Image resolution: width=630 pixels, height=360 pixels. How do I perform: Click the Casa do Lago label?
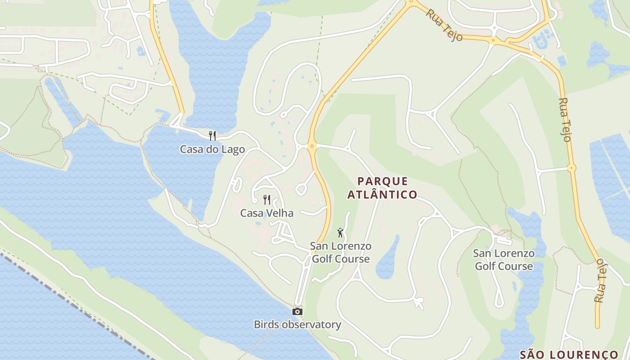[212, 149]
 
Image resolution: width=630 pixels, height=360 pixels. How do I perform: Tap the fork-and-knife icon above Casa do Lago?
[212, 135]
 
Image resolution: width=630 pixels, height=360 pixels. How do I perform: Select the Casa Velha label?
[266, 213]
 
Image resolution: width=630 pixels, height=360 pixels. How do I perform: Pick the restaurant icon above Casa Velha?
[267, 199]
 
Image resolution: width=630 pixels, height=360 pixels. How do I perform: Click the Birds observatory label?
[297, 324]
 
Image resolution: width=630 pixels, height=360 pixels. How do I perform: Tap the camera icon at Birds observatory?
[297, 311]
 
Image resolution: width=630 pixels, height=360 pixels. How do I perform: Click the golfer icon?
[341, 233]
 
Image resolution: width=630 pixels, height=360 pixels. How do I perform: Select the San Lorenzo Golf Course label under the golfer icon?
[341, 252]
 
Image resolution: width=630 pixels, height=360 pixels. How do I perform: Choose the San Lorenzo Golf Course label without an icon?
[504, 260]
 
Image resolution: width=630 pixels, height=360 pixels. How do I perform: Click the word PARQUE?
[382, 181]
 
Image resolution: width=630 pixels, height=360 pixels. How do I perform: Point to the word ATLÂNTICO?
[382, 195]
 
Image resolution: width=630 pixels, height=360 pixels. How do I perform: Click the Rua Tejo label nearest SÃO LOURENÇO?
[600, 280]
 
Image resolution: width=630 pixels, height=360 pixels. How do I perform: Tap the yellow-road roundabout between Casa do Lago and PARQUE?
[312, 146]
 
